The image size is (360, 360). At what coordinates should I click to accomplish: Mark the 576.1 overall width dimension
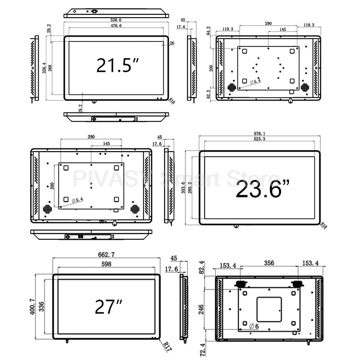(x=262, y=134)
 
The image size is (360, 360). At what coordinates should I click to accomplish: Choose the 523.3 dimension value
(x=262, y=140)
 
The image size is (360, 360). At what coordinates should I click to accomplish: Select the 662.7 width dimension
(x=107, y=255)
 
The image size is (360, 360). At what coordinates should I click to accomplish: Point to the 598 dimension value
(x=107, y=265)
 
